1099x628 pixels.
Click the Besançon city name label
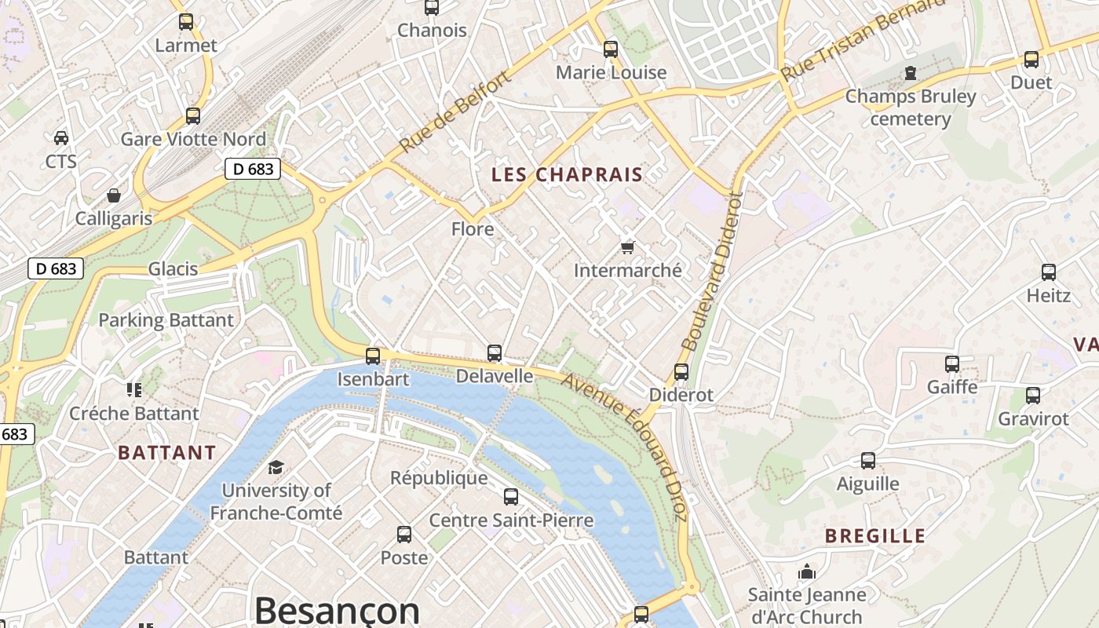[x=337, y=611]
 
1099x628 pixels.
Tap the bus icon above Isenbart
[x=373, y=356]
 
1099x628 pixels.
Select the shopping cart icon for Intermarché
[x=627, y=246]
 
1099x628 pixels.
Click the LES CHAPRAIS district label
[x=567, y=174]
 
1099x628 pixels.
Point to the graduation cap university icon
[x=276, y=468]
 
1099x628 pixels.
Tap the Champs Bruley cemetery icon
[x=911, y=73]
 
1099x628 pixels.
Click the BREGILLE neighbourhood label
[x=875, y=536]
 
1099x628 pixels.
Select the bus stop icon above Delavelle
[x=495, y=353]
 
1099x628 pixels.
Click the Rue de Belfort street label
[x=455, y=111]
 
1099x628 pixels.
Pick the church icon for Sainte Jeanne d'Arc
[x=807, y=572]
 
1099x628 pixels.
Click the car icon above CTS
[x=61, y=138]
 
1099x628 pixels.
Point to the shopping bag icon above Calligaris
[x=114, y=195]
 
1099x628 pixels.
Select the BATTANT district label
[x=166, y=453]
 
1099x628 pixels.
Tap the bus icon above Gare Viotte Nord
[x=193, y=116]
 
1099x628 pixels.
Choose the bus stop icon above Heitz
[x=1049, y=272]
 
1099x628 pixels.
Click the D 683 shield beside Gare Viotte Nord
[x=253, y=169]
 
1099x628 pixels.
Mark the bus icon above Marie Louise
[x=611, y=49]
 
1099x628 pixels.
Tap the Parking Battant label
[x=166, y=320]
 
